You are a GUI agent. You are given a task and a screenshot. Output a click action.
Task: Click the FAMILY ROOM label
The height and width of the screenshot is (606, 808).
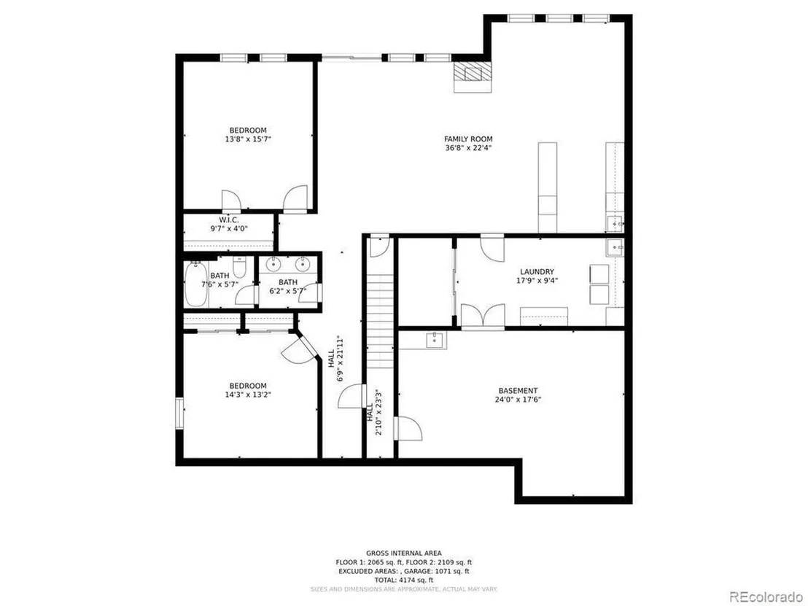tap(468, 139)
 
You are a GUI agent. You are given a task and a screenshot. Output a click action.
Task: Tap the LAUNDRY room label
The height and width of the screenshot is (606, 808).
tap(537, 271)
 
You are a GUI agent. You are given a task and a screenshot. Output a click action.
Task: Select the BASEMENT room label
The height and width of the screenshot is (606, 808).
tap(518, 391)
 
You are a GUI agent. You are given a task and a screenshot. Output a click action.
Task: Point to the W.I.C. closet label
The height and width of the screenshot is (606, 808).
tap(229, 220)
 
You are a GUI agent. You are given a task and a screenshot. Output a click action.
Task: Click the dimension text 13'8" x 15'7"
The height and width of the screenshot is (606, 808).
tap(248, 139)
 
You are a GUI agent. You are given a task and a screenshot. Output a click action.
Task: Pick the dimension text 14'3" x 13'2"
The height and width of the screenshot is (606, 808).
tap(248, 395)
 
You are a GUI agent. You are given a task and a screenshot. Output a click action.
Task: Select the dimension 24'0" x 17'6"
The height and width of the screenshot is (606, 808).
tap(518, 400)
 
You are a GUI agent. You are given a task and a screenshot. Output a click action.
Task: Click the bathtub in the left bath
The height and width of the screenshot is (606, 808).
tap(196, 284)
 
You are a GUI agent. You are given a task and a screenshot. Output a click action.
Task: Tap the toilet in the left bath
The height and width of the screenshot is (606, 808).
tap(240, 267)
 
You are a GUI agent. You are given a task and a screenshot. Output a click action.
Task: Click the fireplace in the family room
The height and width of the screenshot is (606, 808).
tap(473, 77)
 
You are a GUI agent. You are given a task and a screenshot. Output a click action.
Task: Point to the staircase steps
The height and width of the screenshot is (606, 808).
tap(380, 322)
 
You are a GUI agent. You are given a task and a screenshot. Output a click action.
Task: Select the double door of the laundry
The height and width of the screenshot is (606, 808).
tap(482, 316)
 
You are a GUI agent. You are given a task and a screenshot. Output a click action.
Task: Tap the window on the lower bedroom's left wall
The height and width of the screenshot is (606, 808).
tap(179, 413)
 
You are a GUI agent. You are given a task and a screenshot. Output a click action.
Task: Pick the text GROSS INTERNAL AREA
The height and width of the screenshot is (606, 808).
tap(403, 553)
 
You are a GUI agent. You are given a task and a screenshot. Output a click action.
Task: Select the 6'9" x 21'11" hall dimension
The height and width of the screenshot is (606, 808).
tap(340, 358)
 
